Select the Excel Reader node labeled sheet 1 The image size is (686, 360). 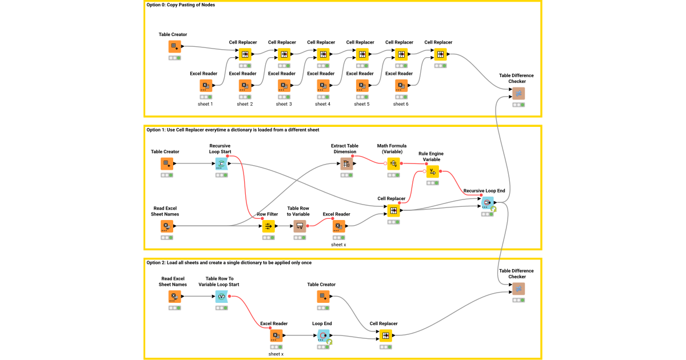[x=206, y=86]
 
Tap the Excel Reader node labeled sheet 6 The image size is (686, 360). [x=401, y=86]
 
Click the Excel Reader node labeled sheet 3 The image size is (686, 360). [x=284, y=86]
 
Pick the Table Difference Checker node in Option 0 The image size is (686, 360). [x=518, y=93]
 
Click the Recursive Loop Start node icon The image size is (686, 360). [x=221, y=164]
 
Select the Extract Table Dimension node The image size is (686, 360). [x=346, y=164]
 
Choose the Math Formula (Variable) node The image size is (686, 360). [x=393, y=164]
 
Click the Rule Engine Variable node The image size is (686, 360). [x=432, y=171]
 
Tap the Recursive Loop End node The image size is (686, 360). [x=487, y=203]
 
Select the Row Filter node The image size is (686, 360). [x=268, y=226]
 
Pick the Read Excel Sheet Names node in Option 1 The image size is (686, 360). [x=166, y=226]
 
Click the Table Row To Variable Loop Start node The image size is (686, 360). [x=221, y=297]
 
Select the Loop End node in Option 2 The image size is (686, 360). [x=324, y=335]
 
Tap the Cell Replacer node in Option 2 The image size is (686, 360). [x=386, y=335]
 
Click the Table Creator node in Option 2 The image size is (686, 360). [x=323, y=297]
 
